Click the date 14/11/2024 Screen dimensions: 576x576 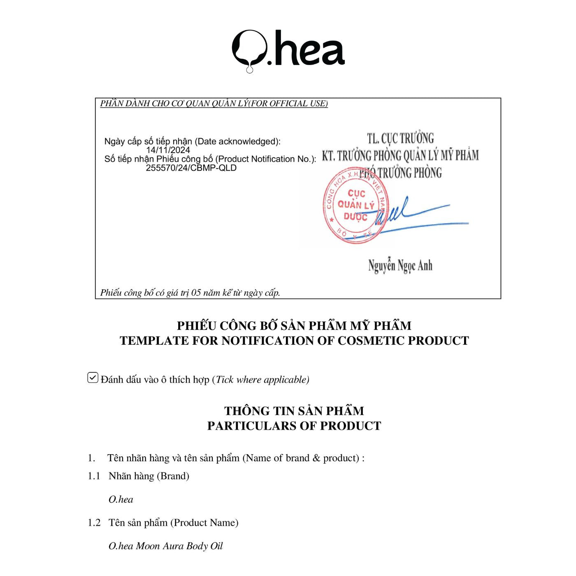[168, 150]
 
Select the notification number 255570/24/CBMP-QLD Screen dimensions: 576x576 [191, 168]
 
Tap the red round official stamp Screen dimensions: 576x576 [355, 205]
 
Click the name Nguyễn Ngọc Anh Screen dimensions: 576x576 [400, 266]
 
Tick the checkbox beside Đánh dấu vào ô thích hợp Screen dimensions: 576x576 [93, 378]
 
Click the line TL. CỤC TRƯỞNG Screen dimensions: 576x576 [400, 138]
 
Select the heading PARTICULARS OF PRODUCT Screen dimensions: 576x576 [294, 426]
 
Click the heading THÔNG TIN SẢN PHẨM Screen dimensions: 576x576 [294, 411]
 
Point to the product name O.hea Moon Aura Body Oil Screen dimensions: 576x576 [165, 546]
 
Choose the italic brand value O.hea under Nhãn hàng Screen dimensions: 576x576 [121, 499]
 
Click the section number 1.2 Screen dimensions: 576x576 [94, 523]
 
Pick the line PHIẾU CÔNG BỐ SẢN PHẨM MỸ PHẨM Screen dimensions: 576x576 [294, 325]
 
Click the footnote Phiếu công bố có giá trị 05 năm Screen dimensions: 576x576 [190, 293]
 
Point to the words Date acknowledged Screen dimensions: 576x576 [238, 142]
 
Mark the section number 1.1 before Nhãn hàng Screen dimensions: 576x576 [94, 476]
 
